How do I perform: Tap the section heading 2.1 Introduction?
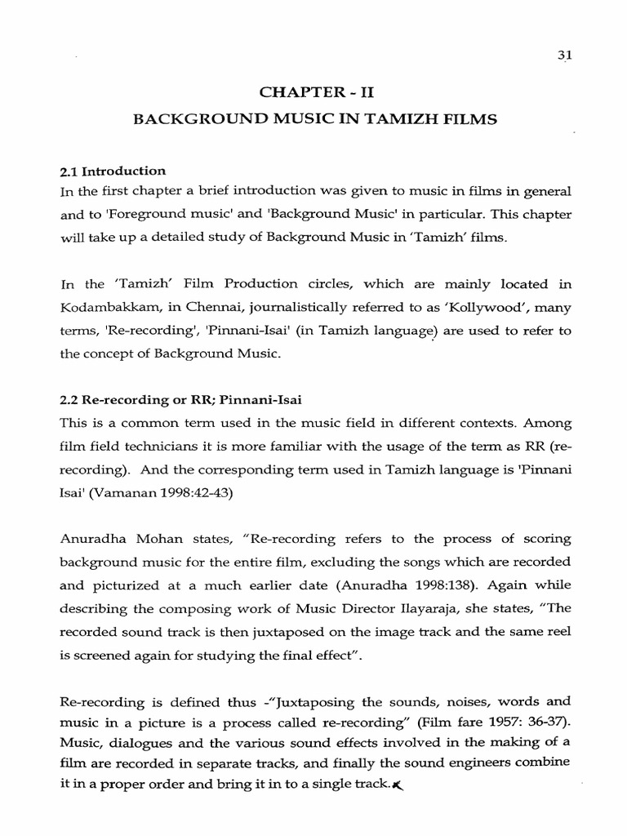pos(113,171)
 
